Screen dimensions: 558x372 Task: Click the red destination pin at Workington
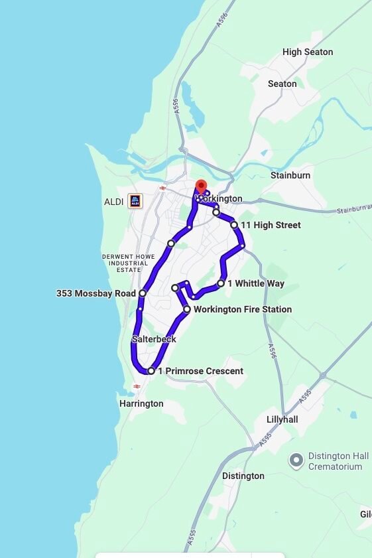[202, 187]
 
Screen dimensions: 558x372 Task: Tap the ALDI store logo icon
[135, 200]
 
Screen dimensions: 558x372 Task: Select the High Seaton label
[308, 52]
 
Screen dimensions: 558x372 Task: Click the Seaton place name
[282, 84]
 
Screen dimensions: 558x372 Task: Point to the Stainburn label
[290, 175]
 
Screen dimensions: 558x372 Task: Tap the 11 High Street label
[271, 225]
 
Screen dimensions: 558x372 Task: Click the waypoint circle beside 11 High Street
[234, 225]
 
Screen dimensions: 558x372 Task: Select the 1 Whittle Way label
[256, 283]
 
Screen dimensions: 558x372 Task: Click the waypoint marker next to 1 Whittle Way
[221, 283]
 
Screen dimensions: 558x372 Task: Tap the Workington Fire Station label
[243, 309]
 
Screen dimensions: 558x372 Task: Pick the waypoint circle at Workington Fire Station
[187, 309]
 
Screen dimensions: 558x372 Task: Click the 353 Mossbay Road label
[96, 293]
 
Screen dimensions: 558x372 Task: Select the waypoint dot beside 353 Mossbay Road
[143, 293]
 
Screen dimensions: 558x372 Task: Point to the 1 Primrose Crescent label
[200, 371]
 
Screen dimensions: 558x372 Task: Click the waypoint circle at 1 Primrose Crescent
[151, 371]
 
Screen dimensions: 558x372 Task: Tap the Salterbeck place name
[154, 339]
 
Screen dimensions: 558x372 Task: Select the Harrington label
[141, 403]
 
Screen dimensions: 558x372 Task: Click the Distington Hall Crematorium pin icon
[296, 459]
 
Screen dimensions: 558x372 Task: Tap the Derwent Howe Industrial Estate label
[129, 263]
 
